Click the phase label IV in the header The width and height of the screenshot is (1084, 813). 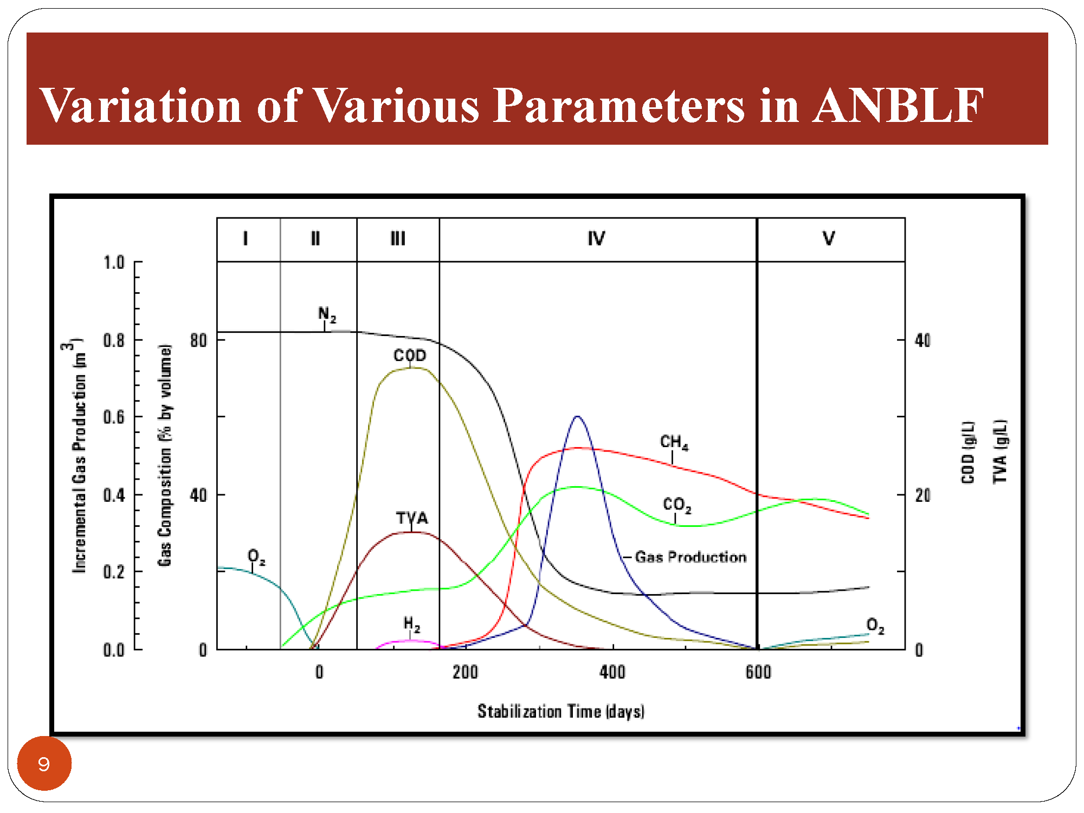(596, 238)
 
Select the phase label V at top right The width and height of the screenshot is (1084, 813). (829, 238)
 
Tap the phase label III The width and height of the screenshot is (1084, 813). (398, 238)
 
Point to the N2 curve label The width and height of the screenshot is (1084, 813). (327, 314)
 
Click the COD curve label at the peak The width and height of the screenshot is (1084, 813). (410, 356)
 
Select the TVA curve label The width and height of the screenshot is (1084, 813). (412, 518)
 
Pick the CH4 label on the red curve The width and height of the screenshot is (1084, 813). (674, 442)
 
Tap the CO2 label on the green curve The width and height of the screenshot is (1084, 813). (677, 505)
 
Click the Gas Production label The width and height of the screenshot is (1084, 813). (691, 557)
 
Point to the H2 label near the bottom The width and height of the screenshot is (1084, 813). (412, 624)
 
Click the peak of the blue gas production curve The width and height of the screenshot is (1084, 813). (577, 416)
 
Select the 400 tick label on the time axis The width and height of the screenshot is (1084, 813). (612, 672)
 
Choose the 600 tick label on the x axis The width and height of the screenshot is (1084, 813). (758, 672)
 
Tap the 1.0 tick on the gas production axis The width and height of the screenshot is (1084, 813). (114, 262)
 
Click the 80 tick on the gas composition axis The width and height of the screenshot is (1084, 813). (198, 340)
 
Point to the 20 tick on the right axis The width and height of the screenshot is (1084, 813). (923, 495)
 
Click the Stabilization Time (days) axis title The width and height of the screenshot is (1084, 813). (561, 711)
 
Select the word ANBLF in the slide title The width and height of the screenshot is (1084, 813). (898, 105)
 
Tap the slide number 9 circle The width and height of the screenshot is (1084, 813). (44, 763)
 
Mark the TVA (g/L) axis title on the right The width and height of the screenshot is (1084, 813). (1001, 451)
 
